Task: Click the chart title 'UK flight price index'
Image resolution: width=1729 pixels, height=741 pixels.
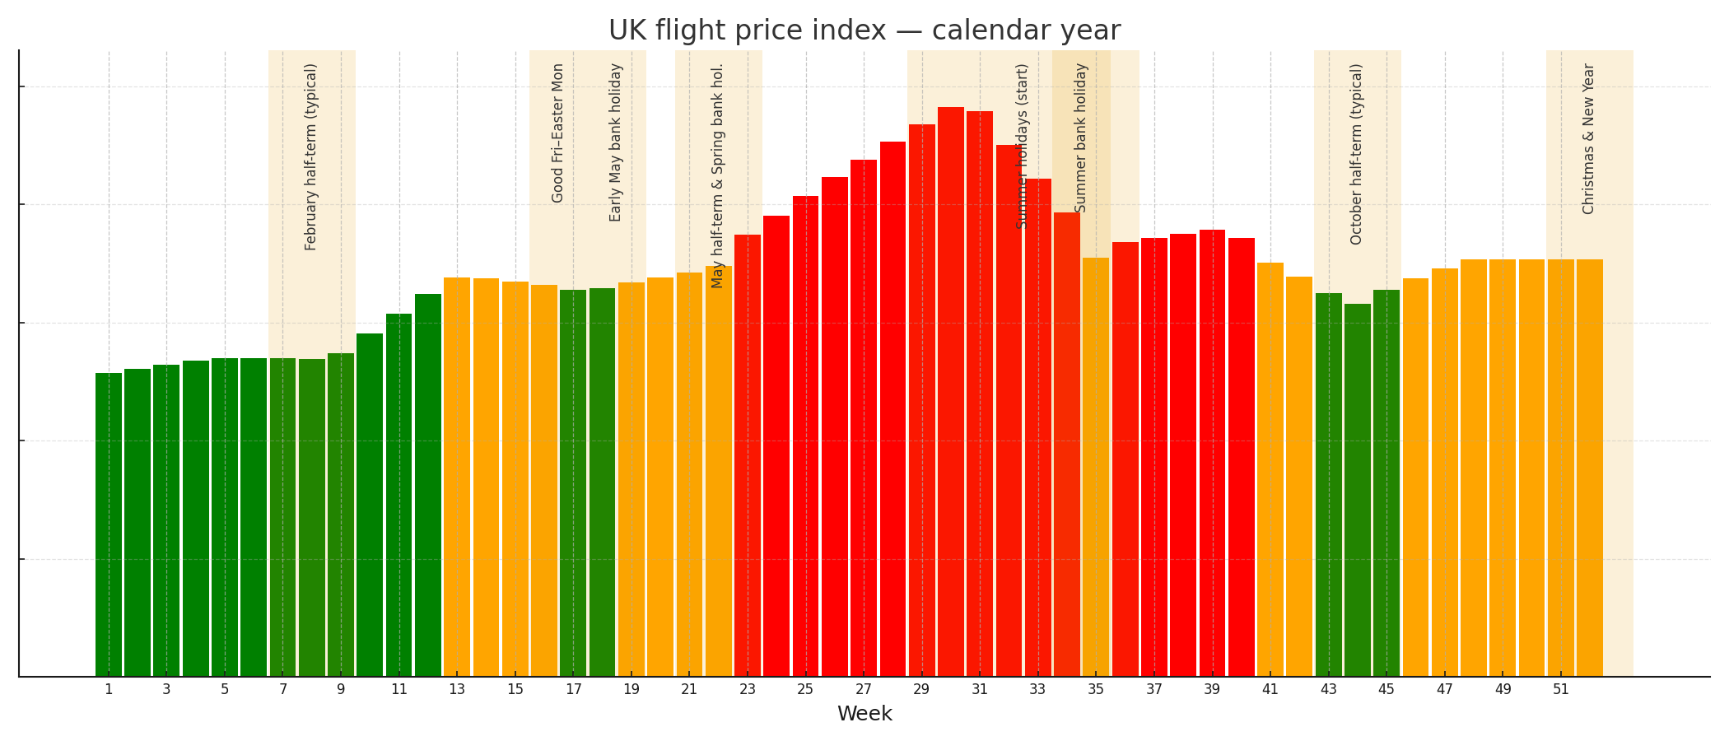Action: [x=864, y=30]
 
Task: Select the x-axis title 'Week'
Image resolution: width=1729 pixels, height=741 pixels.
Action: [x=864, y=714]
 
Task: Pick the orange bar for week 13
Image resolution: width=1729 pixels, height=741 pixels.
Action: [x=457, y=477]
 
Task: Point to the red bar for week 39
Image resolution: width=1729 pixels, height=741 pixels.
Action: [x=1212, y=453]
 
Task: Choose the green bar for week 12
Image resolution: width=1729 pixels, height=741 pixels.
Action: [x=428, y=485]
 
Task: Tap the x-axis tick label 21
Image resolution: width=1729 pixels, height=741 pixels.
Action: [x=689, y=689]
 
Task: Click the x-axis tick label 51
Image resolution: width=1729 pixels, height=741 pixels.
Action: [x=1560, y=689]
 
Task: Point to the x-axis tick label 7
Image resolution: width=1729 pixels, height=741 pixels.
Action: [x=282, y=689]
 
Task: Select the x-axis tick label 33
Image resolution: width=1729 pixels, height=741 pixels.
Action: [x=1037, y=689]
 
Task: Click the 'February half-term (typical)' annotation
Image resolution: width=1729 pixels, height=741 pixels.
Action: [x=311, y=156]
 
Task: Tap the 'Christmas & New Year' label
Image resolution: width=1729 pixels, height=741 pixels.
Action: [x=1589, y=138]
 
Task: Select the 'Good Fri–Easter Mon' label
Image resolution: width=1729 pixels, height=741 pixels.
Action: [x=558, y=133]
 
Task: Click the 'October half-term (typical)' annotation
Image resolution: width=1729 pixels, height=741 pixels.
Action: [x=1357, y=153]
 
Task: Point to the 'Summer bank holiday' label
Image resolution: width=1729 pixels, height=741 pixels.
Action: [x=1081, y=137]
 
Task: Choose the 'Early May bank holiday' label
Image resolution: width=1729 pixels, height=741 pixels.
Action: [x=616, y=142]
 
